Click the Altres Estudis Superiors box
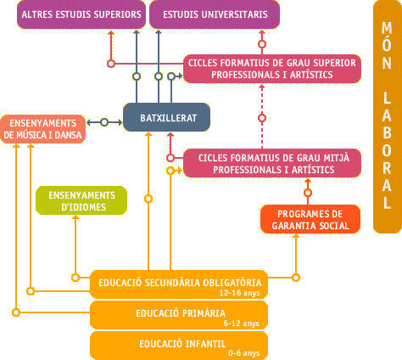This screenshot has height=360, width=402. pos(81,14)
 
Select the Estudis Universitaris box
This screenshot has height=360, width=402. pos(215,14)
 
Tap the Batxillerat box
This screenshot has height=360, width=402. pos(167,117)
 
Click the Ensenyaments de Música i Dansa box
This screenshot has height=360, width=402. pos(43,129)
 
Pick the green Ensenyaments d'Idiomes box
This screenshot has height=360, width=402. pos(81,200)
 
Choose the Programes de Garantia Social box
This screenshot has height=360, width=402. pos(310,219)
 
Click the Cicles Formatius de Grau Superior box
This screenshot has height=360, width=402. pos(272,69)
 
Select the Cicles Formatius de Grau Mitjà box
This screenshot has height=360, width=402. pos(272,163)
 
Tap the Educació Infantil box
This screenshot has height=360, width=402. pos(179,346)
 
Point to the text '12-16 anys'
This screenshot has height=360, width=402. pos(239,293)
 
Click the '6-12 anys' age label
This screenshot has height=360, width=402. pos(241,323)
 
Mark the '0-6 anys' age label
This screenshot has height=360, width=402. pos(244,353)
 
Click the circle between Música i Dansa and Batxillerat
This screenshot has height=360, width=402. pos(104,122)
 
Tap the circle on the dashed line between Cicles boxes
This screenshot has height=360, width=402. pos(262,118)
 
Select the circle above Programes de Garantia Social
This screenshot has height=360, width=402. pos(308,193)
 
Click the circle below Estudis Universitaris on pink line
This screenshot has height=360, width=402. pos(262,44)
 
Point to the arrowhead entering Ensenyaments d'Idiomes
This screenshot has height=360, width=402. pos(75,217)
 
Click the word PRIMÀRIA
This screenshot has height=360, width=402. pos(204,313)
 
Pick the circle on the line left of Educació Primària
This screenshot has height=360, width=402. pos(16,312)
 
